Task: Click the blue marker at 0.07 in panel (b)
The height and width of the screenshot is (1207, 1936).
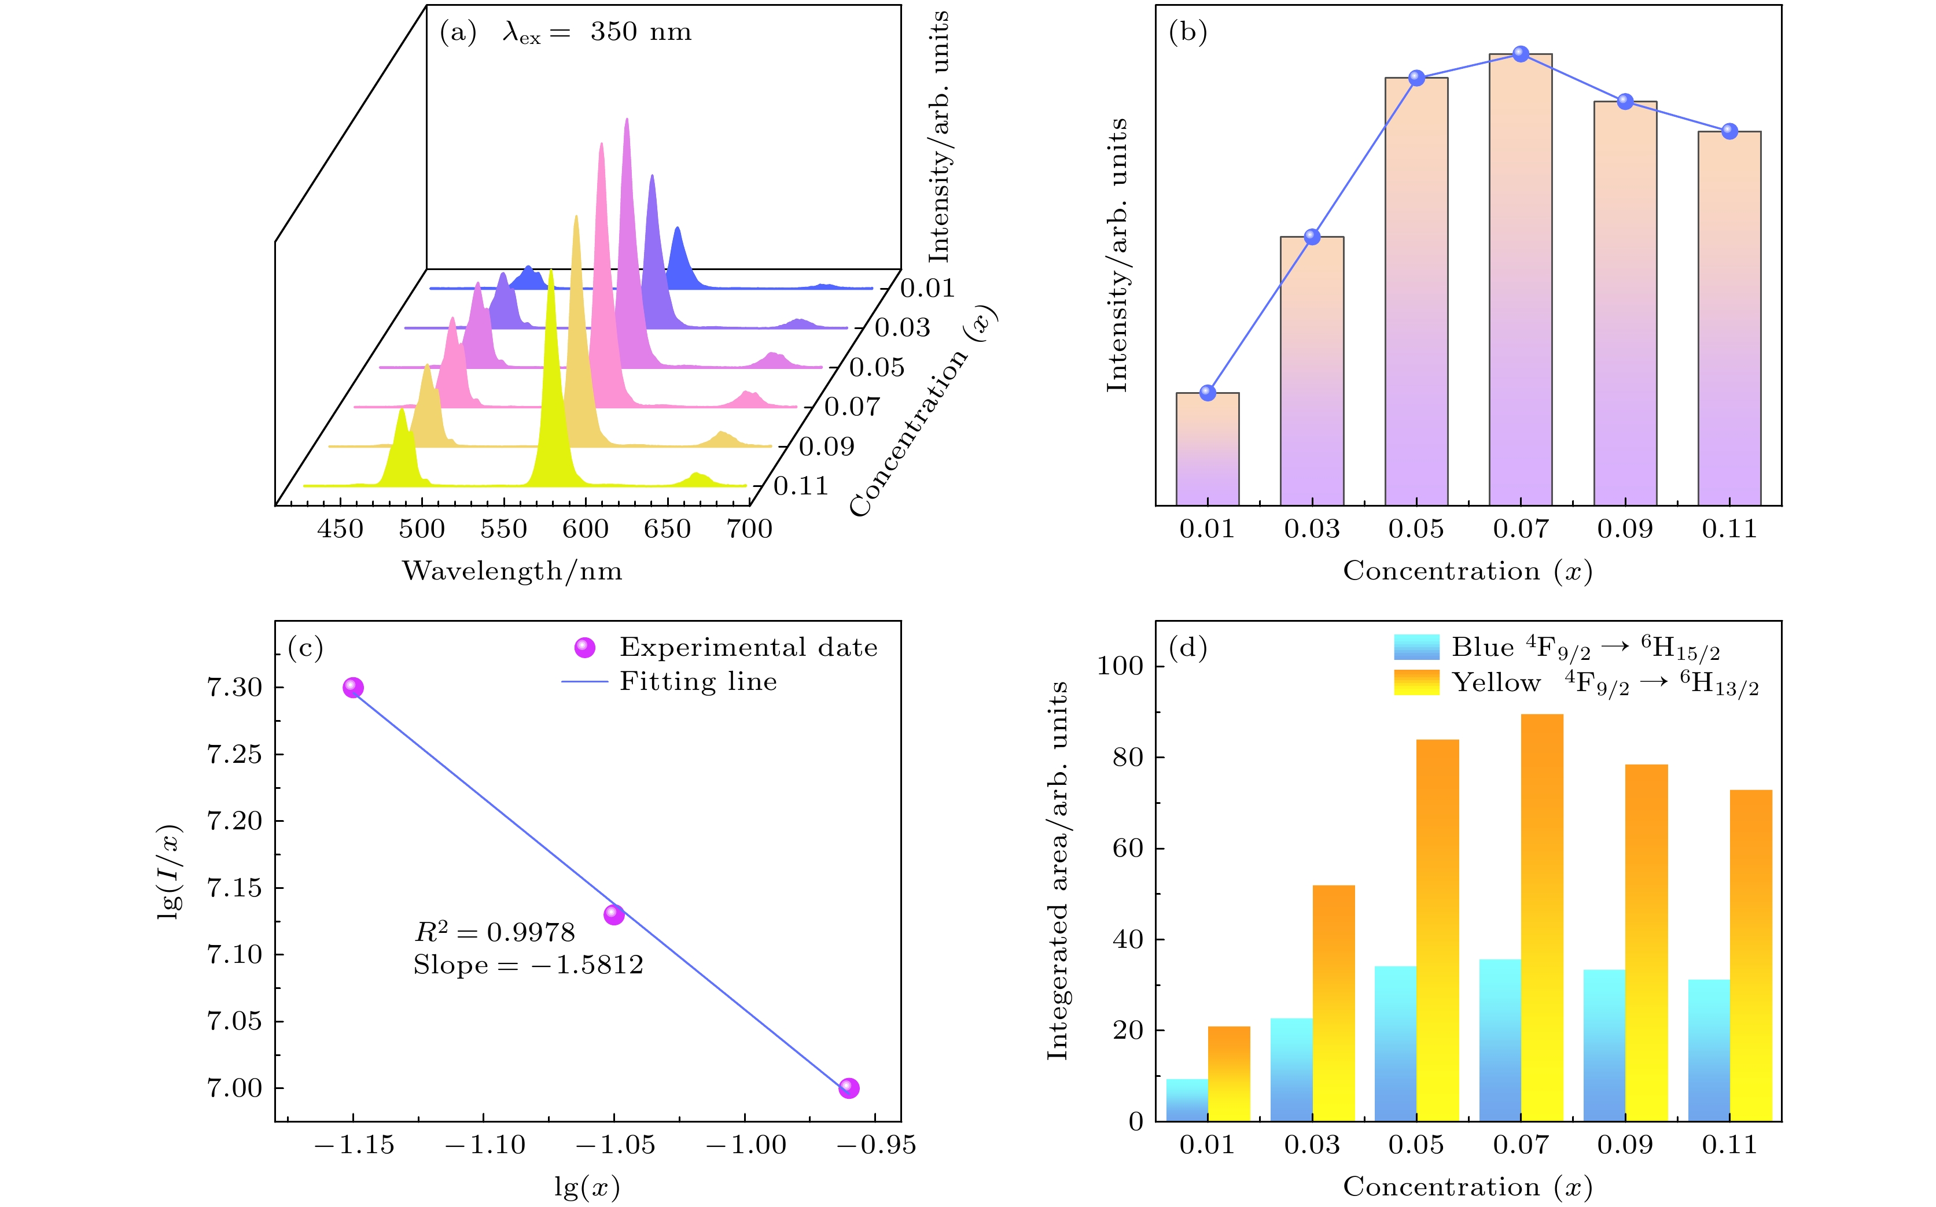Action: (x=1521, y=53)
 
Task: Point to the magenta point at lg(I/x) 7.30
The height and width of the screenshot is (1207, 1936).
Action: (x=353, y=687)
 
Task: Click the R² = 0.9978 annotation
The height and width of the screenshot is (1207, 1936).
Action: (x=494, y=932)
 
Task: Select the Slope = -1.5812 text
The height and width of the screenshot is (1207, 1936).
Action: (x=528, y=965)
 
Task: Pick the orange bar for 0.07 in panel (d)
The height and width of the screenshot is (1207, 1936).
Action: (x=1541, y=918)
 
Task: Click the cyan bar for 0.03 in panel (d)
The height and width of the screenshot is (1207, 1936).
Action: (x=1291, y=1070)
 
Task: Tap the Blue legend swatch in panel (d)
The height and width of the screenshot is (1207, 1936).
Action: (x=1416, y=647)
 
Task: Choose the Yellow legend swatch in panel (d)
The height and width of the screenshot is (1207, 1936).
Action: (x=1416, y=682)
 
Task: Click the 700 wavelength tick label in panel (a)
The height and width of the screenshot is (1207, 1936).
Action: (x=749, y=529)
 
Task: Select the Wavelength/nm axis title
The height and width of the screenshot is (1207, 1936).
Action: (x=512, y=571)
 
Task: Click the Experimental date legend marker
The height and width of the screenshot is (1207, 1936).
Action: (x=584, y=647)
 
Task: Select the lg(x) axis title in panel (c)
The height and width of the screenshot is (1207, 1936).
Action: (x=587, y=1187)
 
